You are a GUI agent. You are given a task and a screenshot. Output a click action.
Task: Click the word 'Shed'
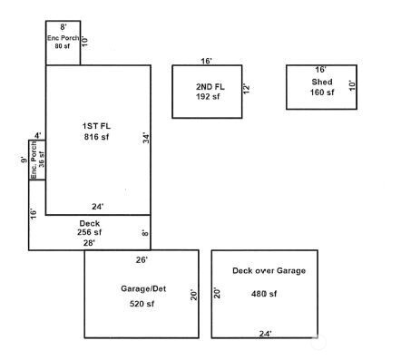coord(322,82)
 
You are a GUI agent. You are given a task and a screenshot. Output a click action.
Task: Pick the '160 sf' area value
coord(322,92)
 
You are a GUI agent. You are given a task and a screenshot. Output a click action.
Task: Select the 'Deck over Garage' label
coord(269,270)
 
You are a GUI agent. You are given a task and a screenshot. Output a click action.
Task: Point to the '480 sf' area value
coord(264,294)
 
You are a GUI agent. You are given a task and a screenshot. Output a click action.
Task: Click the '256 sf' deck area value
coord(89,232)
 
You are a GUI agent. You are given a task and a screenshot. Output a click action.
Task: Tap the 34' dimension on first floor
coord(145,138)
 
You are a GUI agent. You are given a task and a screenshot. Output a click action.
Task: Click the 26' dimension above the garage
coord(142,259)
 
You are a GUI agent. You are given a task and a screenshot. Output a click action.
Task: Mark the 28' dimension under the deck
coord(89,242)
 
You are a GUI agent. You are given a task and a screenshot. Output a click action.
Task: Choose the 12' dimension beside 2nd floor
coord(245,89)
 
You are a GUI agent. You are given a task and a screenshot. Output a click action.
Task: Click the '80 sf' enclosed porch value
coord(62,45)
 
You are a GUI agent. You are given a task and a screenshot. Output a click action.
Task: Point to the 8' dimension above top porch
coord(64,27)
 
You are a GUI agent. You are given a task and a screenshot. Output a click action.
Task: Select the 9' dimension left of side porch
coord(23,161)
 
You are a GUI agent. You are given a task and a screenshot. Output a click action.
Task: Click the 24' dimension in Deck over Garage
coord(265,334)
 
